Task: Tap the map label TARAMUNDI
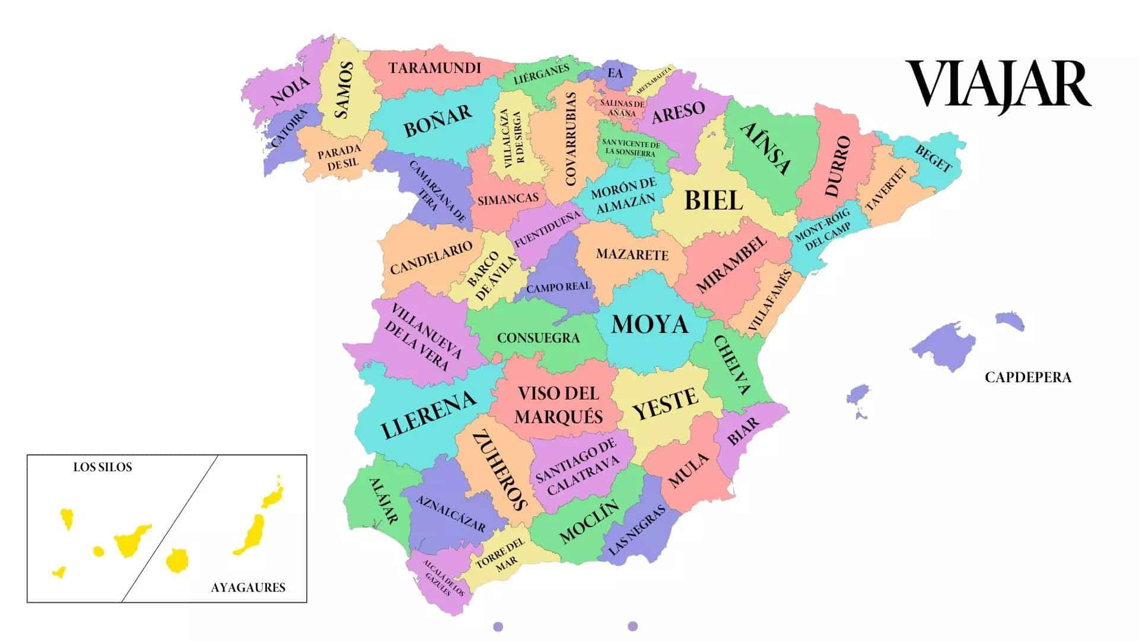435,68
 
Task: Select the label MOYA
650,325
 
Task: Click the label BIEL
713,201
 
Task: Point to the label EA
615,74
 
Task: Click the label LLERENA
428,414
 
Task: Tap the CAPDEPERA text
1028,377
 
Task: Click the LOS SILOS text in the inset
103,467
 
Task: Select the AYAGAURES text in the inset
248,588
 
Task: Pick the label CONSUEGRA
538,338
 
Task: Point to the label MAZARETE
632,255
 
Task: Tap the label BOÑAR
438,120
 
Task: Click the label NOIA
290,91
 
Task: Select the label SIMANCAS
508,199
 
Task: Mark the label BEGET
933,158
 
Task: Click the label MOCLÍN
588,522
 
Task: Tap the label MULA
689,470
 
